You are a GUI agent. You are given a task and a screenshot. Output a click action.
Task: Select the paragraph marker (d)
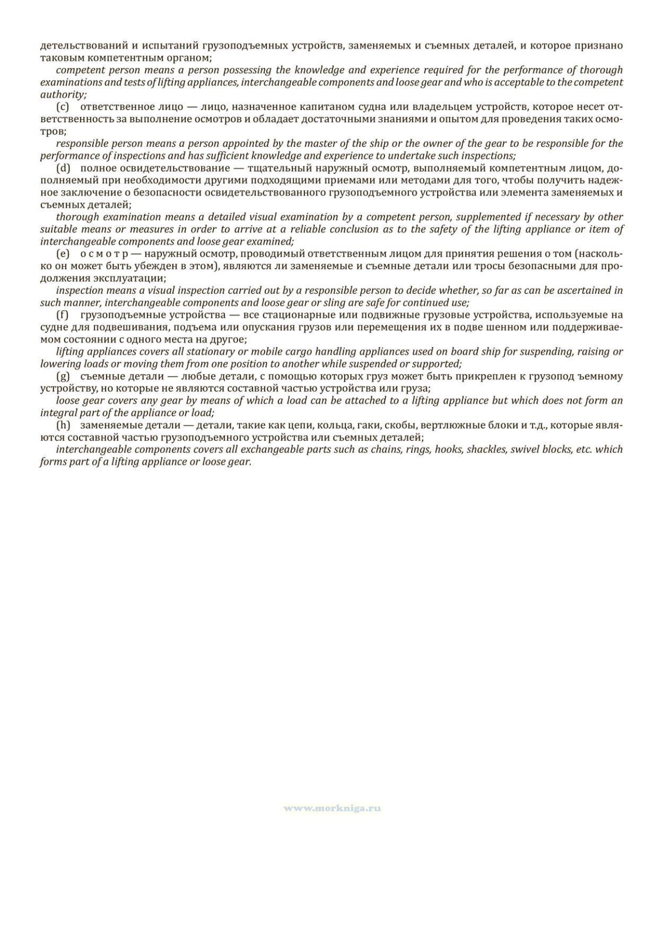tap(63, 168)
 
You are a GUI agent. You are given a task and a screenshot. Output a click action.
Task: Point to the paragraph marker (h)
tap(63, 425)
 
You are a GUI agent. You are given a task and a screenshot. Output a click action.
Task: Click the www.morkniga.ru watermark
tap(332, 809)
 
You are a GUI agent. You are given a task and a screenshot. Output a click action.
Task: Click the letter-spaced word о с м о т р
tap(104, 254)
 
